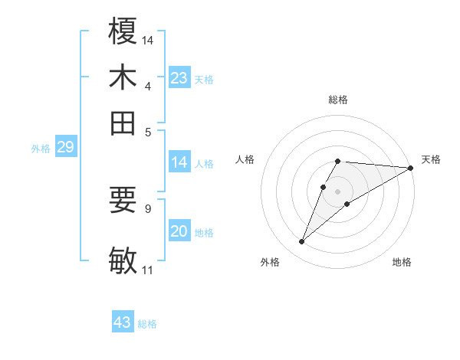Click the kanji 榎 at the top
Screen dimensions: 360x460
123,34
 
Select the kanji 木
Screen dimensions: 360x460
123,78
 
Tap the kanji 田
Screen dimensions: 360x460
123,123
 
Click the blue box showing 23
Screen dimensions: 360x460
179,78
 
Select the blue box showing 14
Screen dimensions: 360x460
179,162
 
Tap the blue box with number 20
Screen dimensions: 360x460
179,231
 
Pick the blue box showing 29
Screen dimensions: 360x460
65,148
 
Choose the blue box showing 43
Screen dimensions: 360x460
123,322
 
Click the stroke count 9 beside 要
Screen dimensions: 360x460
148,208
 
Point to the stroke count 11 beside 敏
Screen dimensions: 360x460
147,270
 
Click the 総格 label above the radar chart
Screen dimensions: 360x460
338,100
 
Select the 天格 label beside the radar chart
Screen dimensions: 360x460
431,159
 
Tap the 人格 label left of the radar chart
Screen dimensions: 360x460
245,159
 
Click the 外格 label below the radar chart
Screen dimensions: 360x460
270,262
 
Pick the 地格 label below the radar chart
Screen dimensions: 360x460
402,262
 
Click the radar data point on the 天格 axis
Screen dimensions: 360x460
411,168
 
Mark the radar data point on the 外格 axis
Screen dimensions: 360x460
301,242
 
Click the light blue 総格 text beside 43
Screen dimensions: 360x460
147,324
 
